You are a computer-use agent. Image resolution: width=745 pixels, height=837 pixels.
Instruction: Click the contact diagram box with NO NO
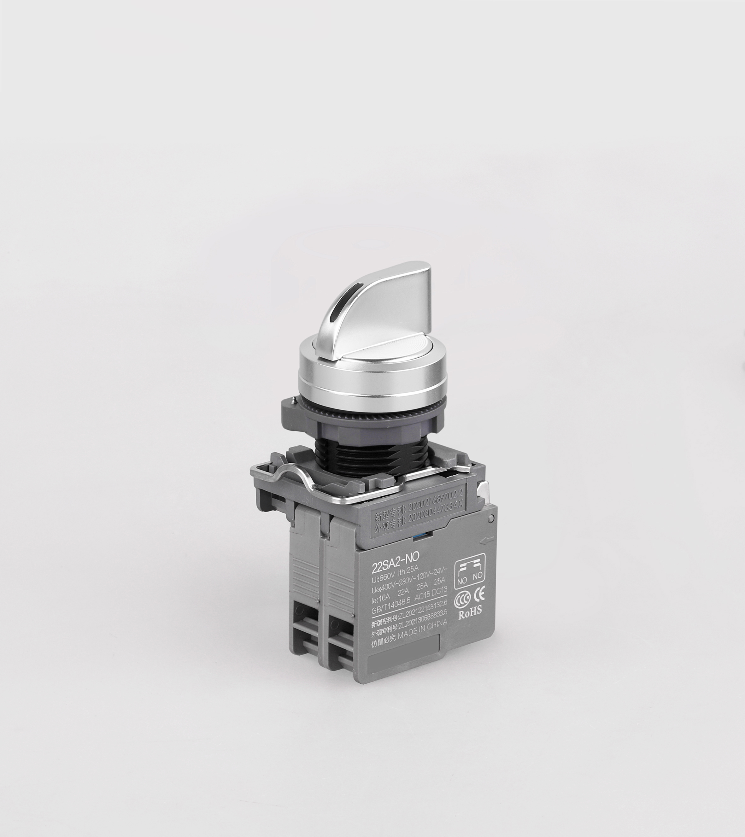(x=470, y=571)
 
